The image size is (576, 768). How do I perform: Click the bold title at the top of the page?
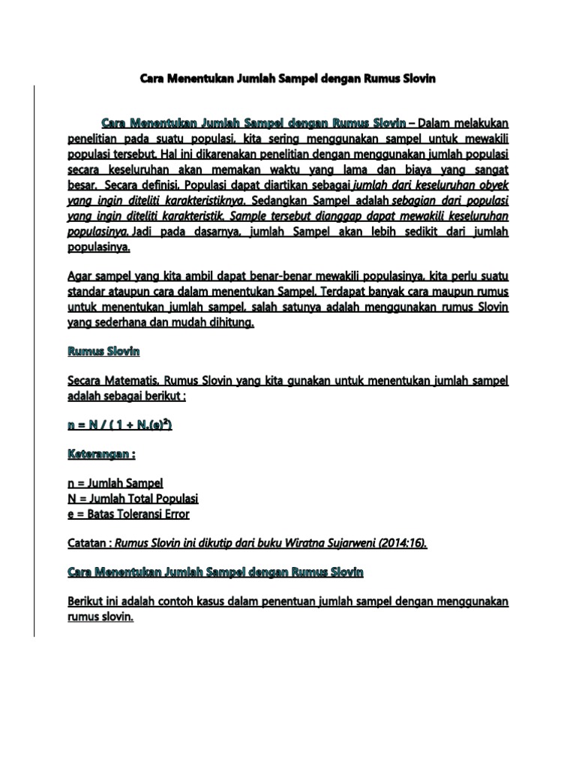pyautogui.click(x=288, y=77)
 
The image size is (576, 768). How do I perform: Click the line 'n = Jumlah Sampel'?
pyautogui.click(x=115, y=484)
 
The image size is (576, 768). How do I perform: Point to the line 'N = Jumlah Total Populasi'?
pyautogui.click(x=133, y=499)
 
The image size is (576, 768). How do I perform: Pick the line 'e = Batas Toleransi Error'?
pyautogui.click(x=128, y=514)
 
